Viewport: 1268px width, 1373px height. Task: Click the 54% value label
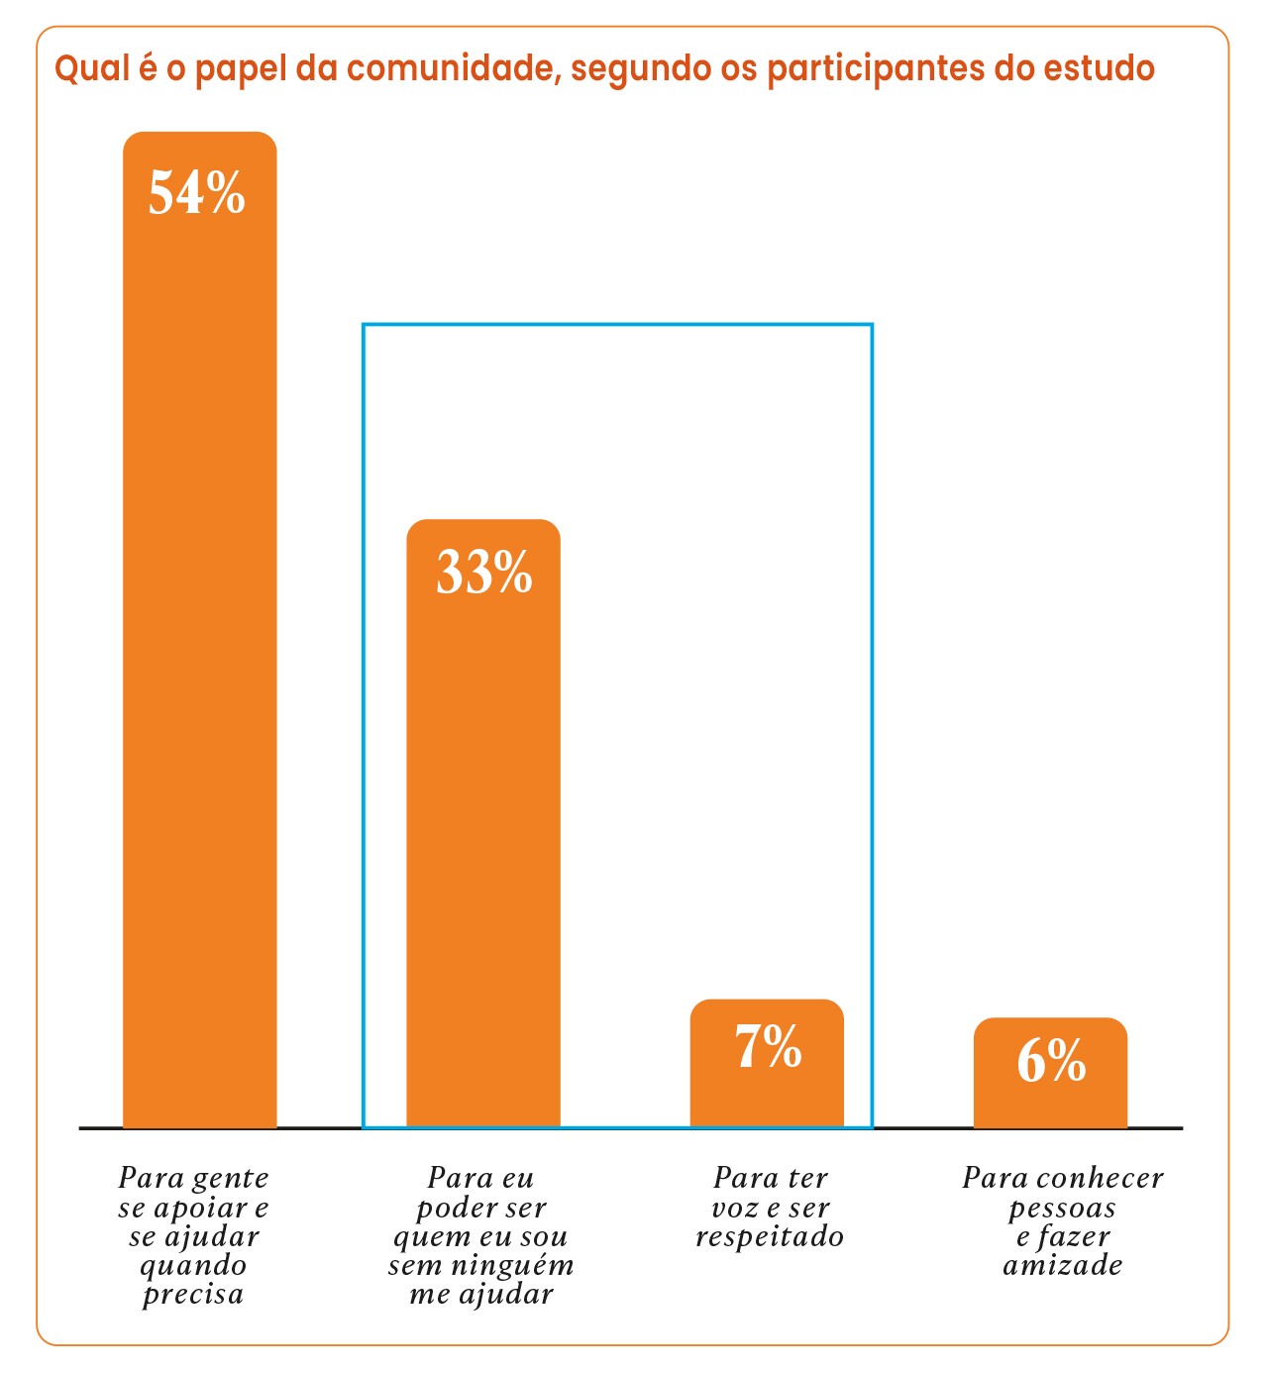pyautogui.click(x=197, y=192)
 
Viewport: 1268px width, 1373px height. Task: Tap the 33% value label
pyautogui.click(x=483, y=573)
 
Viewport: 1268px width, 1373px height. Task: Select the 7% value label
pyautogui.click(x=768, y=1047)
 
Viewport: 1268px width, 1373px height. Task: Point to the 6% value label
pyautogui.click(x=1051, y=1062)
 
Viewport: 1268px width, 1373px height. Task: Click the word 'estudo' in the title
pyautogui.click(x=1099, y=68)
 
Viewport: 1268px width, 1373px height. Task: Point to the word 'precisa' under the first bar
pyautogui.click(x=193, y=1295)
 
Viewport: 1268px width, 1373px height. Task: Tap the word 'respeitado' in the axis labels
pyautogui.click(x=770, y=1236)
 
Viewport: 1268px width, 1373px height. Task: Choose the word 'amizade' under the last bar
pyautogui.click(x=1063, y=1265)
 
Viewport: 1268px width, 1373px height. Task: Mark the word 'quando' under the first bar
pyautogui.click(x=193, y=1266)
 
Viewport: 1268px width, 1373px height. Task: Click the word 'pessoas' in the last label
pyautogui.click(x=1062, y=1209)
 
